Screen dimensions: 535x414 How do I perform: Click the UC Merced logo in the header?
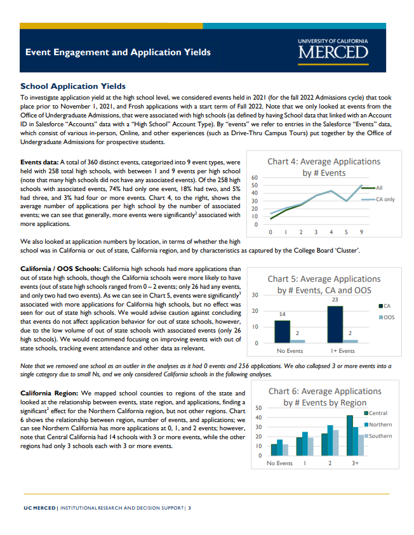point(332,49)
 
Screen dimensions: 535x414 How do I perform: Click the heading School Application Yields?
point(73,86)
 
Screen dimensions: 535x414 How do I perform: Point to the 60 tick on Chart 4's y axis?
point(254,178)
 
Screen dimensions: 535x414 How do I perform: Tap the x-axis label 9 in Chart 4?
point(361,232)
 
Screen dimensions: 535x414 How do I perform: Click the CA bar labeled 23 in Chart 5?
point(335,324)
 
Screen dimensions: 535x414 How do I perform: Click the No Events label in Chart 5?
point(290,351)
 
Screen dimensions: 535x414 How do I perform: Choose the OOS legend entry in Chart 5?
point(387,317)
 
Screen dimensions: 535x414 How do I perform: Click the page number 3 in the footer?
point(189,508)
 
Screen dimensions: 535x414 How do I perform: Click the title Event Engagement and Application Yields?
point(117,52)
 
